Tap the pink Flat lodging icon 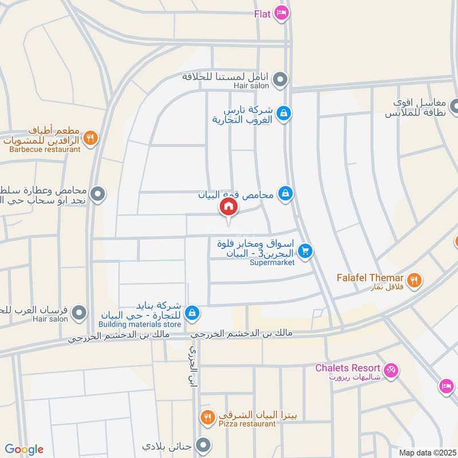281,12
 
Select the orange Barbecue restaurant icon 90,138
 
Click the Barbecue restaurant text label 45,149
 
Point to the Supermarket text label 273,263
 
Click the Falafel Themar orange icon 416,280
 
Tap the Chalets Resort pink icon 392,370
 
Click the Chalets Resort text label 348,368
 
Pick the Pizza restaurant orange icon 207,416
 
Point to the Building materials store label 148,325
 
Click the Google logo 24,449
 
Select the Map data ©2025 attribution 426,452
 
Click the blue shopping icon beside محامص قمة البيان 285,194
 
